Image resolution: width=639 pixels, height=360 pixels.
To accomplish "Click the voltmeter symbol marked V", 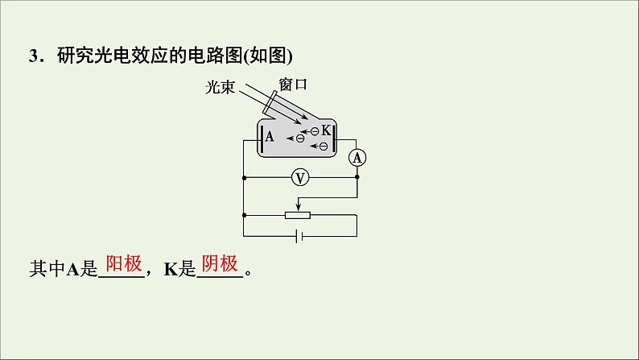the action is click(x=299, y=177).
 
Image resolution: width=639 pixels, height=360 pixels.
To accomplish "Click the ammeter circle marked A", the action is click(x=357, y=159).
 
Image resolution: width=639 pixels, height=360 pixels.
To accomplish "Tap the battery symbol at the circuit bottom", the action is click(x=299, y=237).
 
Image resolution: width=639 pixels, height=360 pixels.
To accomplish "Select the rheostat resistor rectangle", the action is click(x=299, y=214).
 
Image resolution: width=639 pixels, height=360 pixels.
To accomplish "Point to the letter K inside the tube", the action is click(x=325, y=130).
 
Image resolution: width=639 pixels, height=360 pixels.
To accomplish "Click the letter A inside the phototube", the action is click(x=270, y=136).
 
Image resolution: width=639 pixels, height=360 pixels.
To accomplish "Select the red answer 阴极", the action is click(x=219, y=264).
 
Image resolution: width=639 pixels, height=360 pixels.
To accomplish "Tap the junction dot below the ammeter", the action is click(x=357, y=177).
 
